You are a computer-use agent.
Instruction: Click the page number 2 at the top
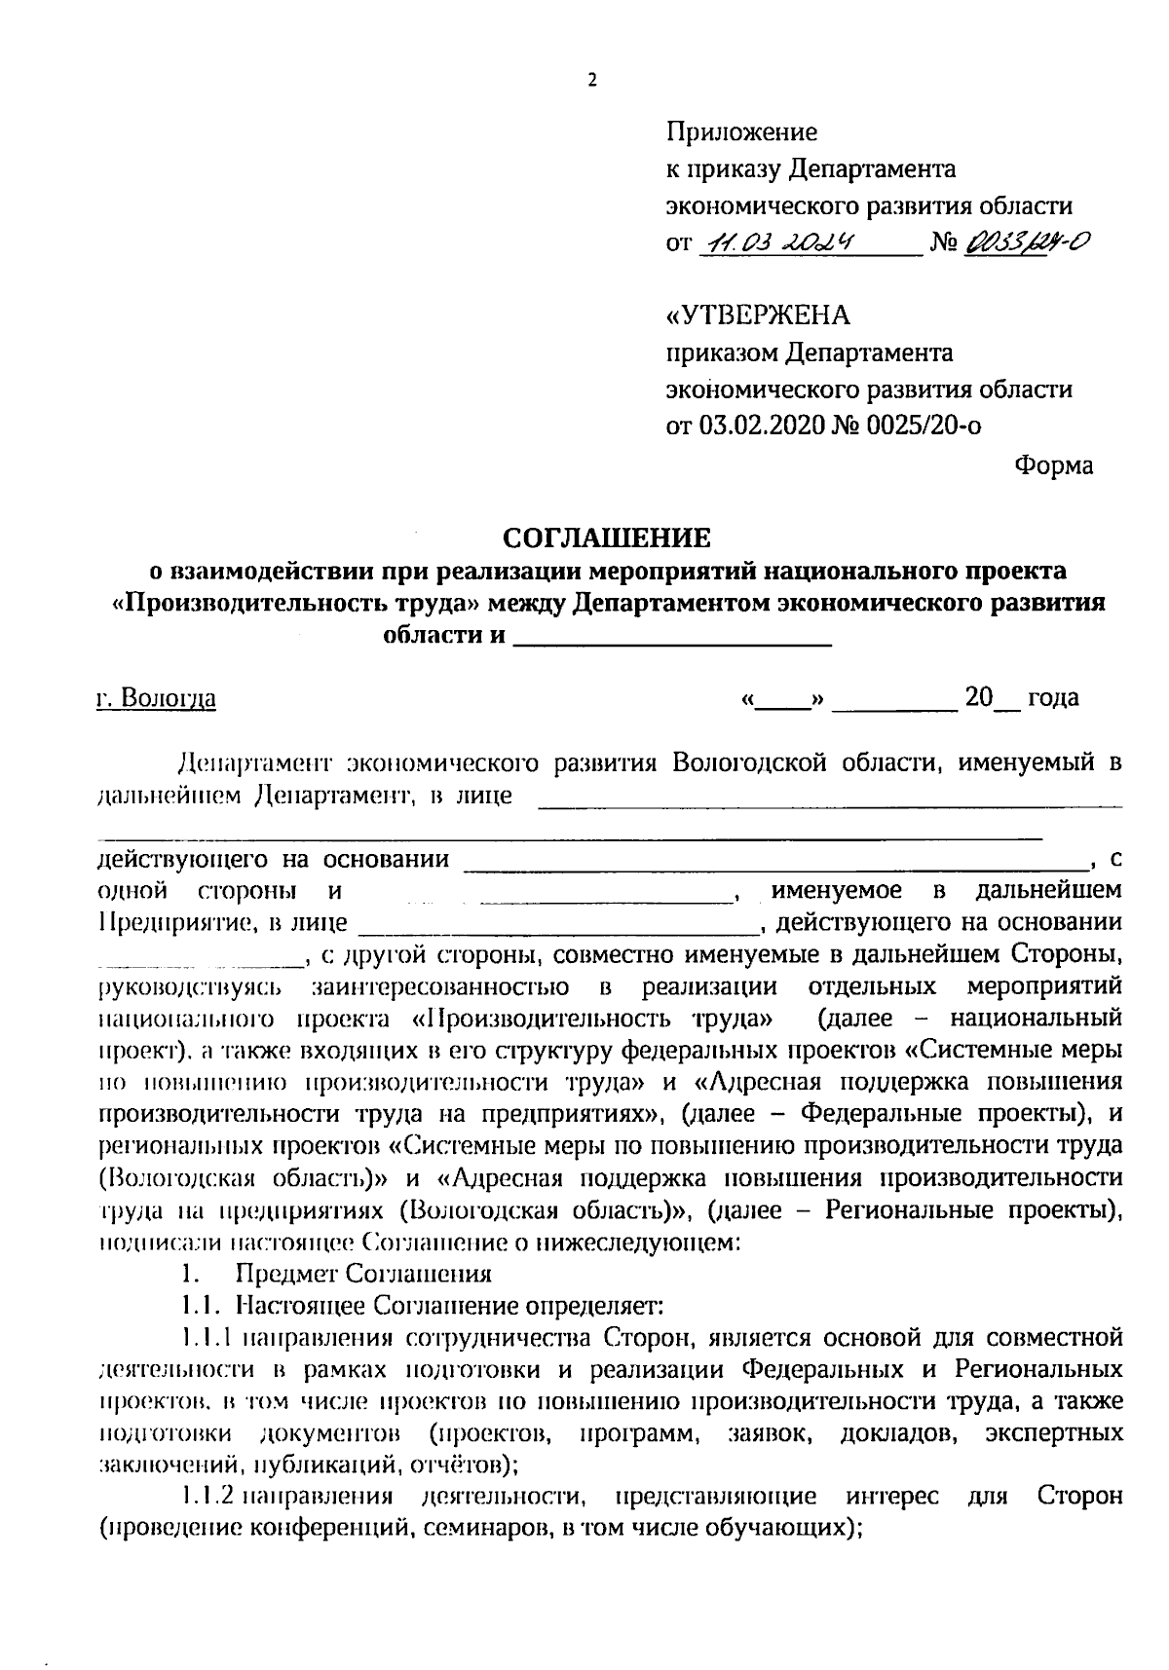point(591,82)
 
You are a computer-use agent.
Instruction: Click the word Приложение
point(741,131)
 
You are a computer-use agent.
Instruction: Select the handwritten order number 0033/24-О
point(1026,241)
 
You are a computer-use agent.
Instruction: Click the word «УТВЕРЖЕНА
point(757,315)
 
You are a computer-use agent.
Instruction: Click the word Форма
point(1053,465)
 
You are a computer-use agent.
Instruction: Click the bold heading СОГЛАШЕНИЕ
point(607,538)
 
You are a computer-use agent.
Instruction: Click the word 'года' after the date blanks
point(1053,698)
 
